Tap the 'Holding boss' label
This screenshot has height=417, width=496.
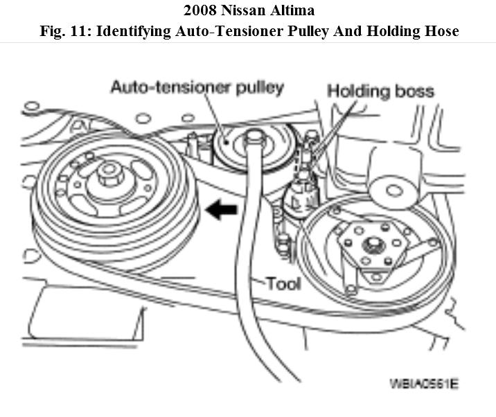click(x=380, y=91)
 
